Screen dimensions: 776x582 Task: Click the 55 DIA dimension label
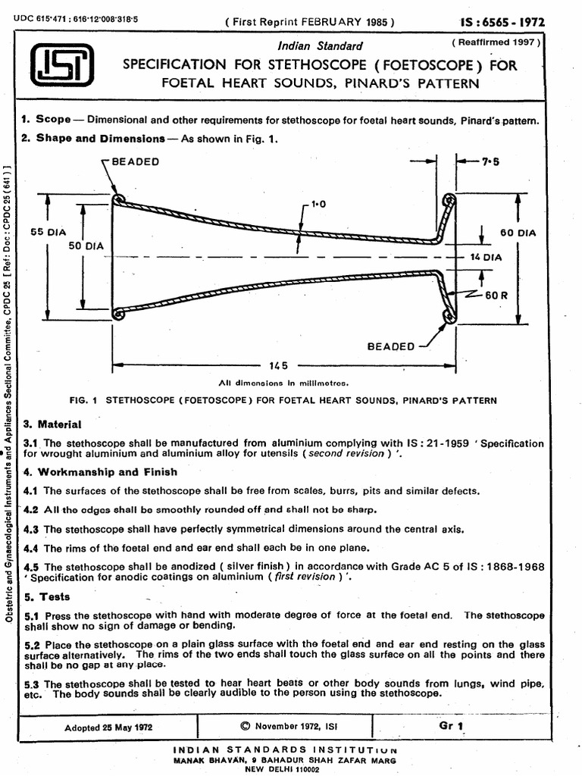click(x=48, y=233)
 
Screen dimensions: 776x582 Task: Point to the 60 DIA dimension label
click(x=518, y=233)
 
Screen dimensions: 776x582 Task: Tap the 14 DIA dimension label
click(x=486, y=258)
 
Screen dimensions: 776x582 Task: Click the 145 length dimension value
click(x=281, y=365)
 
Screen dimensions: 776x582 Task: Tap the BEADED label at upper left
click(x=135, y=162)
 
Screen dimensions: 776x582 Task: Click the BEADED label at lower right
click(x=390, y=346)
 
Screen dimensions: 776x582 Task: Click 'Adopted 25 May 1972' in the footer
click(x=109, y=726)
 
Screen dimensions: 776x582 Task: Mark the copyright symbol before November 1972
click(x=244, y=725)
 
